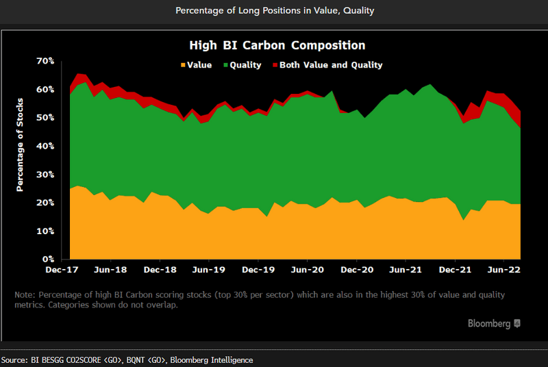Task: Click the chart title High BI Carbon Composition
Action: click(277, 45)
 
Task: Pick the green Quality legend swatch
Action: click(223, 65)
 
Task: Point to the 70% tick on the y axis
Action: click(45, 61)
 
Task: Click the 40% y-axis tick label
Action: click(45, 146)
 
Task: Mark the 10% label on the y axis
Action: click(45, 231)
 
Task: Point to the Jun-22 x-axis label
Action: click(504, 270)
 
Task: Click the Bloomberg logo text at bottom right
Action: click(489, 322)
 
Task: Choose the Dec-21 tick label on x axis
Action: click(456, 270)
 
